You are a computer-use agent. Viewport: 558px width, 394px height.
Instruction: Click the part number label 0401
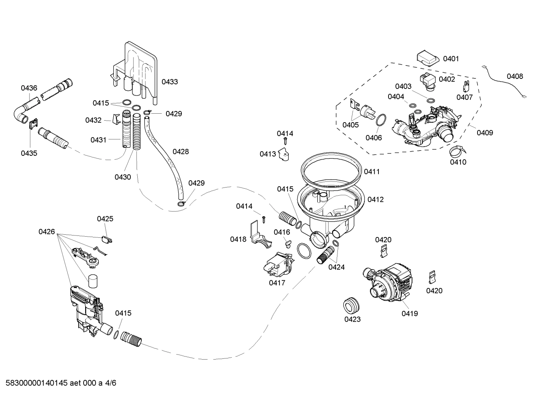click(x=451, y=59)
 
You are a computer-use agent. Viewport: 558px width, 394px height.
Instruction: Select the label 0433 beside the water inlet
click(x=169, y=82)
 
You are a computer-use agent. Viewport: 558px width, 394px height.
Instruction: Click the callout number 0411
click(x=371, y=172)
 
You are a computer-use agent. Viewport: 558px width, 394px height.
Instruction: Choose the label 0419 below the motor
click(x=409, y=314)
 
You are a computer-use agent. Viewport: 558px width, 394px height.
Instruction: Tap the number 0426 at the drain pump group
click(x=46, y=232)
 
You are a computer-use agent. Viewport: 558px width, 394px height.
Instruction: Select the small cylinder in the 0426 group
click(x=92, y=281)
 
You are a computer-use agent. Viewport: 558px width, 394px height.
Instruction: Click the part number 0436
click(x=29, y=88)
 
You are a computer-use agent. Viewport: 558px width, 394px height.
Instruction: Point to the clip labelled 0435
click(x=33, y=124)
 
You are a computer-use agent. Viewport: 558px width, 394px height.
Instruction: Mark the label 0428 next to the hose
click(x=181, y=152)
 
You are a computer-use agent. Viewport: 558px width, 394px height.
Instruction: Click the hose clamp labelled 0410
click(x=457, y=151)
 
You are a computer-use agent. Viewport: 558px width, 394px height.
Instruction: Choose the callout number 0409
click(x=484, y=133)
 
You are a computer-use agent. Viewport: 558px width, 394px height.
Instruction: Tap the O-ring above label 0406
click(x=381, y=120)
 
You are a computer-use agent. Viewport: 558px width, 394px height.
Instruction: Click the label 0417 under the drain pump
click(x=277, y=283)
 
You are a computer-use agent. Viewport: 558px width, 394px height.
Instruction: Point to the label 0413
click(x=267, y=154)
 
